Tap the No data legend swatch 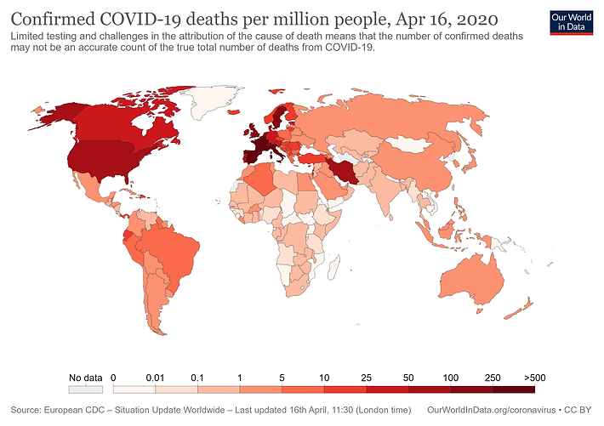[x=85, y=389]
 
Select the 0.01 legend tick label [x=156, y=377]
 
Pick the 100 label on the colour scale [x=451, y=377]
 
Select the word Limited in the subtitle [x=28, y=37]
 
